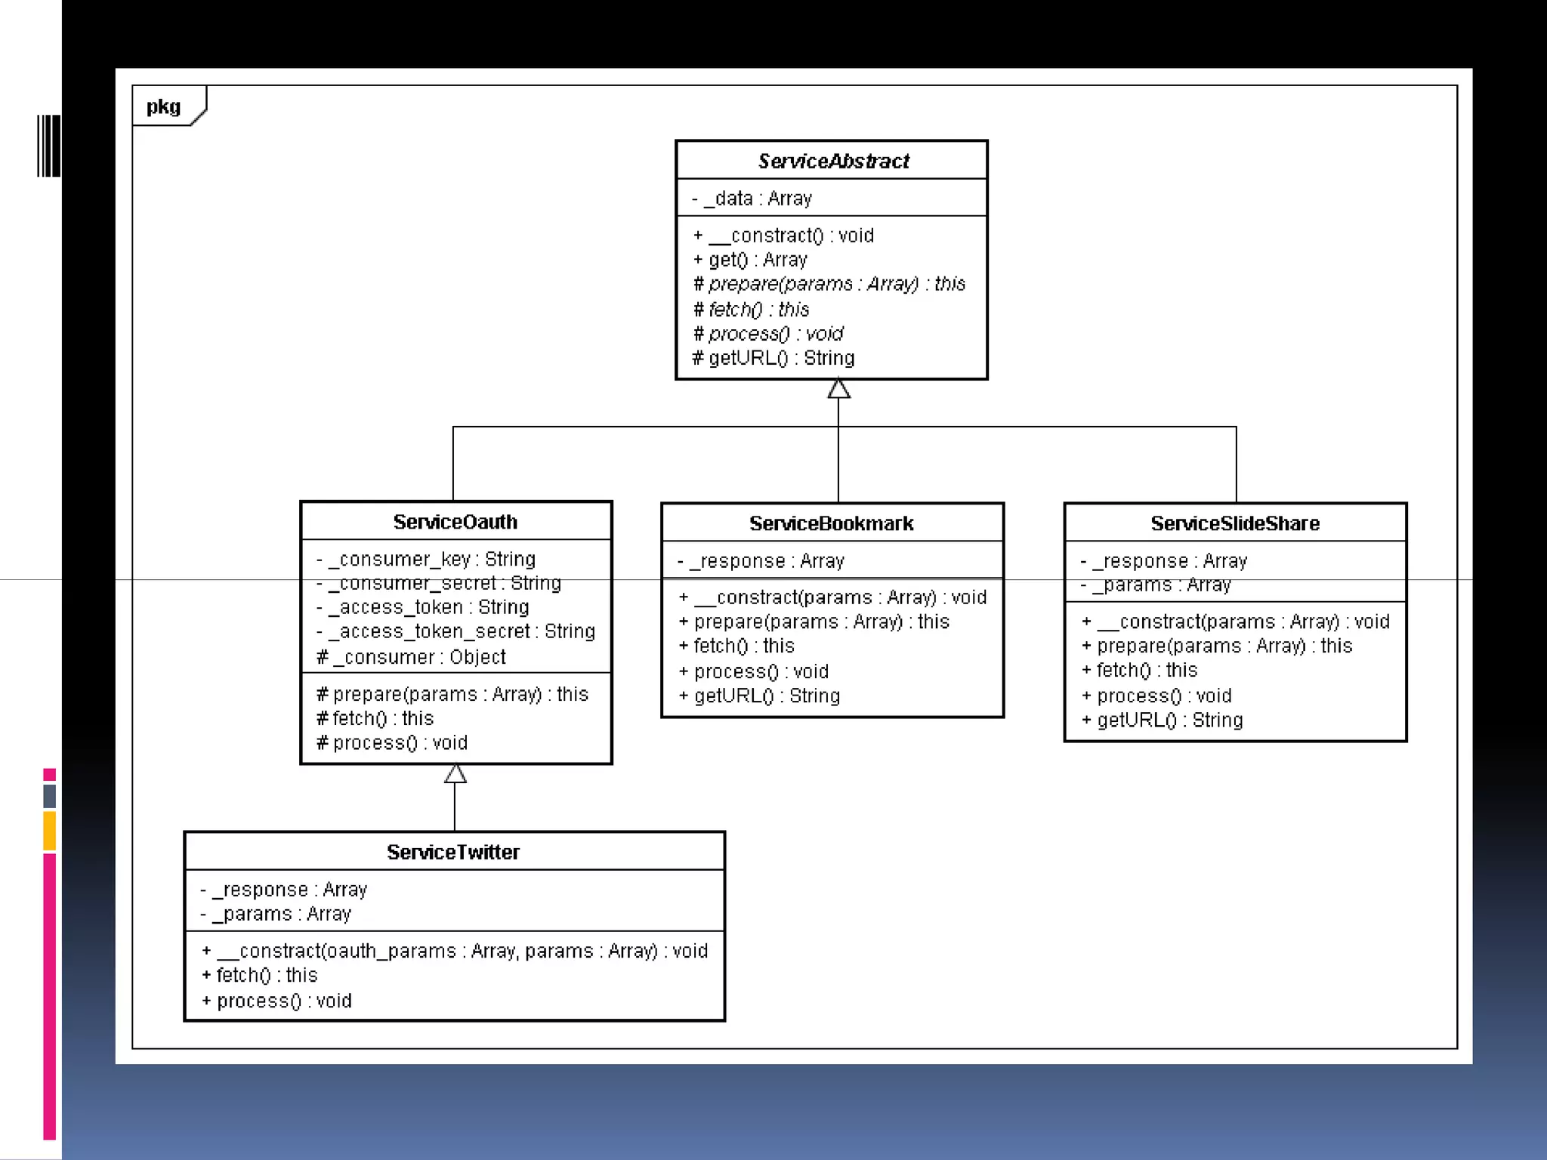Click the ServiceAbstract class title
[x=833, y=161]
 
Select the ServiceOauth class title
[x=455, y=522]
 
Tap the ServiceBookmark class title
[x=832, y=523]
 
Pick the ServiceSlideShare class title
[x=1235, y=523]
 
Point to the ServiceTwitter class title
[x=453, y=852]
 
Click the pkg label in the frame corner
[x=164, y=106]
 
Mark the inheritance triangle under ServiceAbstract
[x=838, y=390]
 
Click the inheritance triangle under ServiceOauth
[x=455, y=774]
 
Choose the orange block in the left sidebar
[x=50, y=831]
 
